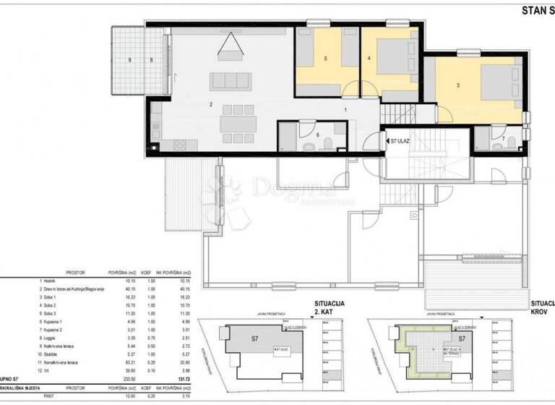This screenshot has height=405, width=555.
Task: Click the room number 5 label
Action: [326, 59]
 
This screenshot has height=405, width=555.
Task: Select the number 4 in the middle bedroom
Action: [369, 59]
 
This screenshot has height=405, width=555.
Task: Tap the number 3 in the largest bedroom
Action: [458, 85]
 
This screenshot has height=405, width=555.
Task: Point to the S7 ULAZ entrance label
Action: [400, 140]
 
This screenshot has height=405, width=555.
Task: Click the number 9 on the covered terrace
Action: [130, 59]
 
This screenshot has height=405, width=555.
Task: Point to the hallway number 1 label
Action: [345, 109]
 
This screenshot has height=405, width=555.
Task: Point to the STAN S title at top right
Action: [537, 10]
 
